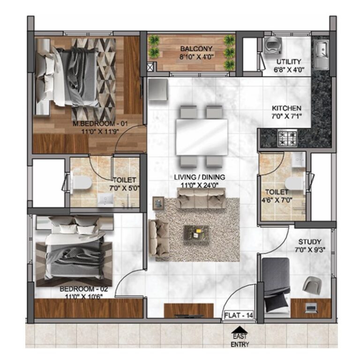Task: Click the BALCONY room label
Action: (x=196, y=49)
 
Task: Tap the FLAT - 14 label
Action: (x=239, y=315)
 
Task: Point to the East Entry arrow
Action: (x=240, y=329)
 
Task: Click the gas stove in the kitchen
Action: (x=287, y=138)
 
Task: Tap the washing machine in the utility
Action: (x=272, y=45)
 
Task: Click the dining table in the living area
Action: (x=202, y=137)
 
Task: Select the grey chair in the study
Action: (x=312, y=285)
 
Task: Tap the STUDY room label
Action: (x=310, y=242)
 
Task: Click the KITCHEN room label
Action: (x=286, y=108)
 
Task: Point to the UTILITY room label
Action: (x=289, y=62)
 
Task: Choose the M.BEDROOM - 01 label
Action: (x=100, y=124)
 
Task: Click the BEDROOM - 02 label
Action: (x=83, y=289)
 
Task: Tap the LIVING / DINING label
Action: (x=199, y=177)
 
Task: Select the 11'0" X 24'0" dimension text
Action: (x=199, y=185)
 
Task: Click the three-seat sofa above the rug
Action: (x=201, y=198)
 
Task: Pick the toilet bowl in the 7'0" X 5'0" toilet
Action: (x=81, y=183)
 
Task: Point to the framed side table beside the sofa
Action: (x=159, y=203)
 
